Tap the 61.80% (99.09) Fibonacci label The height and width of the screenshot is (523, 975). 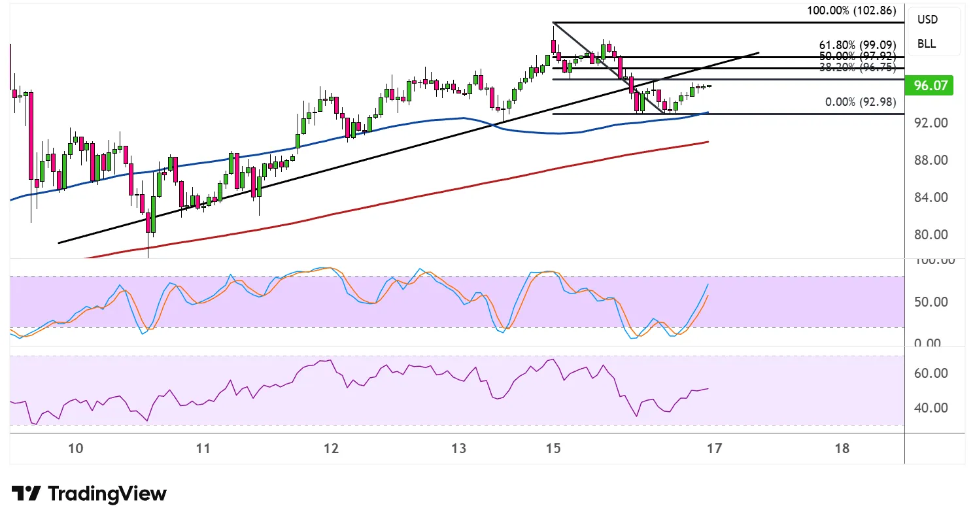tap(857, 45)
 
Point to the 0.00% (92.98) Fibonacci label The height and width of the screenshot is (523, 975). tap(859, 102)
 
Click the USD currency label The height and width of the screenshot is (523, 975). tap(927, 20)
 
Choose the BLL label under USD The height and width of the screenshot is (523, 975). tap(926, 44)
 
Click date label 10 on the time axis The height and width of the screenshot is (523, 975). tap(76, 448)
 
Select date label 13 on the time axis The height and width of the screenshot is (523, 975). tap(459, 448)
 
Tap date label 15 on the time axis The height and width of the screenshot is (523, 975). tap(553, 448)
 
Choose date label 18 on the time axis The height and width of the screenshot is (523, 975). tap(842, 448)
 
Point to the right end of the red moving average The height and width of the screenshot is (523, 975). tap(708, 141)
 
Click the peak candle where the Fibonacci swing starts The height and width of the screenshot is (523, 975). tap(553, 46)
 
